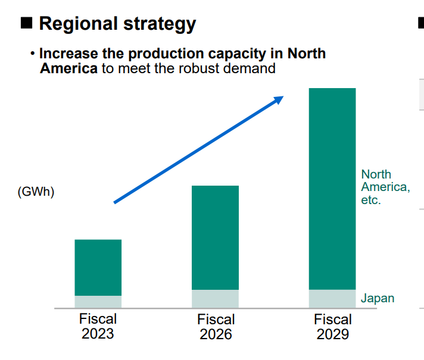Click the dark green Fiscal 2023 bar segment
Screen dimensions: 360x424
[98, 267]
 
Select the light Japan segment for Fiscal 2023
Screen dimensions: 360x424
[98, 302]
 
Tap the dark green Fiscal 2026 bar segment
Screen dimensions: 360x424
[215, 237]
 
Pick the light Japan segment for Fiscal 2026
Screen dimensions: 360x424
[215, 299]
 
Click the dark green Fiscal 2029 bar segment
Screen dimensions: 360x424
[332, 189]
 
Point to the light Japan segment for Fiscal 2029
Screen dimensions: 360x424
[332, 299]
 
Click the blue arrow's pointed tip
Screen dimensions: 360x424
[282, 98]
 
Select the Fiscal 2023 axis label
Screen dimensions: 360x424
[98, 326]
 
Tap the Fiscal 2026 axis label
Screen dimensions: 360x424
[216, 326]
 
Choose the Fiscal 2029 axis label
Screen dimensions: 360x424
[333, 327]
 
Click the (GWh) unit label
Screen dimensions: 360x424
[36, 192]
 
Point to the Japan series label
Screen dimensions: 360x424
[378, 298]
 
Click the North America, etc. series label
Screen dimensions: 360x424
[385, 187]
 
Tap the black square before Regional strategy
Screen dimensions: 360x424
[26, 24]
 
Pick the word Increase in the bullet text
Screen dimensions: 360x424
[66, 53]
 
